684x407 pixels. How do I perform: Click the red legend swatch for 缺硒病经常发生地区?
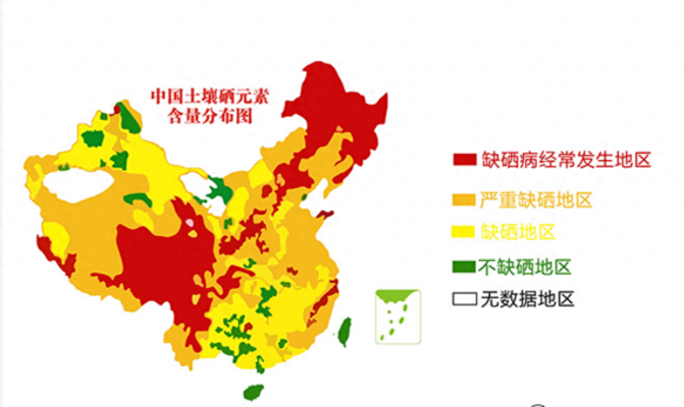pos(465,160)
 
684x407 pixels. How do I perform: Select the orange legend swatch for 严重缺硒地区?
pos(465,200)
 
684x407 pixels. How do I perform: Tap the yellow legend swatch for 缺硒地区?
pos(465,233)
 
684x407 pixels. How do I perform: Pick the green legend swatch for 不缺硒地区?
pos(465,267)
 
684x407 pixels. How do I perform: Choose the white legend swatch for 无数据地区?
pos(465,300)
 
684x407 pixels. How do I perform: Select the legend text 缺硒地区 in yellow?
pos(518,233)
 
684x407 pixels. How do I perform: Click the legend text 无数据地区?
pos(528,300)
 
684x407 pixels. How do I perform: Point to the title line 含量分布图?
pos(211,116)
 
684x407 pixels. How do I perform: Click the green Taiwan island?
pos(345,332)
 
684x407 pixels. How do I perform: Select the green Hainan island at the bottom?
pos(253,392)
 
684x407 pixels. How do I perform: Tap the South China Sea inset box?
pos(398,317)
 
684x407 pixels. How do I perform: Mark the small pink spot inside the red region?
pos(190,222)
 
